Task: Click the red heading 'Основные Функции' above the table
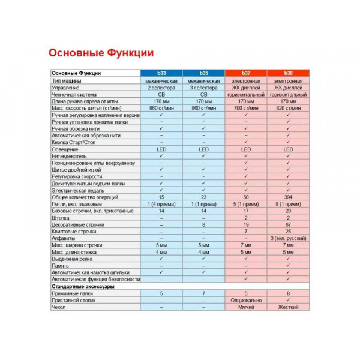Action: [101, 53]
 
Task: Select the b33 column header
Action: [161, 73]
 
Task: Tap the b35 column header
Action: [203, 73]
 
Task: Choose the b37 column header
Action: [246, 73]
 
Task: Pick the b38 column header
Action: [288, 73]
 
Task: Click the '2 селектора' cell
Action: [161, 88]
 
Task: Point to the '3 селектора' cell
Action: [203, 88]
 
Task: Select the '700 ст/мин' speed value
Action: [246, 108]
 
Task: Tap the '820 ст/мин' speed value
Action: [288, 108]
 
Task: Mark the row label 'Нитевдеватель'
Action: [70, 156]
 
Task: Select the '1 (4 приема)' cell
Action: [161, 204]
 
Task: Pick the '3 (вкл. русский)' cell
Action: [288, 238]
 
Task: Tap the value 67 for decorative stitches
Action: [288, 224]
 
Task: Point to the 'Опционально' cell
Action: [246, 300]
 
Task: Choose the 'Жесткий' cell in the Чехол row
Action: [288, 307]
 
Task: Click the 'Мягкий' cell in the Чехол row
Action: [246, 307]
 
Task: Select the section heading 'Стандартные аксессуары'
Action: [82, 286]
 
